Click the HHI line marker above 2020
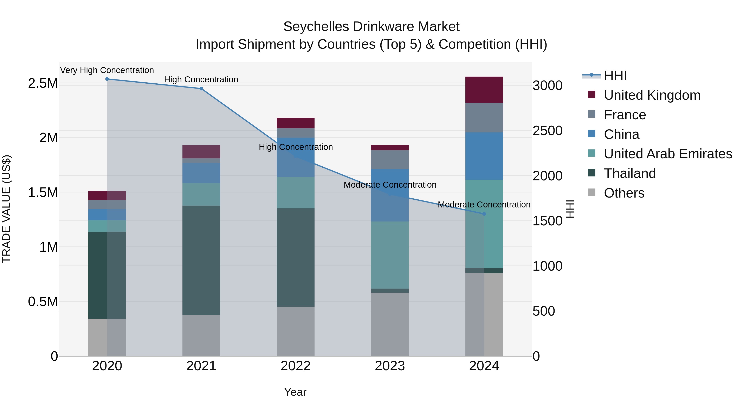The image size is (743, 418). (x=107, y=79)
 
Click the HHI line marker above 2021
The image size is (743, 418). (x=201, y=89)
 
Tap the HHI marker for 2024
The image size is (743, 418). (x=484, y=214)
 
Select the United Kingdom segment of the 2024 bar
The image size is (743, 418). (x=484, y=90)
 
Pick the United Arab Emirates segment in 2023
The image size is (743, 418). (x=390, y=255)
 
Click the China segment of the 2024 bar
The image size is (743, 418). (x=484, y=156)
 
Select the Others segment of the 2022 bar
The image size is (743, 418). (x=295, y=331)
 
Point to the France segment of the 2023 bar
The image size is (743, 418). (x=390, y=160)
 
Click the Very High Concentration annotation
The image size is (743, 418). (x=107, y=70)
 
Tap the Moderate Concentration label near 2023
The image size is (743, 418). (x=390, y=185)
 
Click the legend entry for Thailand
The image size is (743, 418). (x=630, y=173)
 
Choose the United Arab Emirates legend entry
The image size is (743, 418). (x=668, y=154)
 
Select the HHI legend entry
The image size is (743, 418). (x=615, y=76)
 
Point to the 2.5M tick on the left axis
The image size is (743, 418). (x=43, y=83)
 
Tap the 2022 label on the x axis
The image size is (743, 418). (x=295, y=366)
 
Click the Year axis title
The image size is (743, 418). (x=295, y=392)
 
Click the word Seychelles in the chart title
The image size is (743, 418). (x=316, y=27)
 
